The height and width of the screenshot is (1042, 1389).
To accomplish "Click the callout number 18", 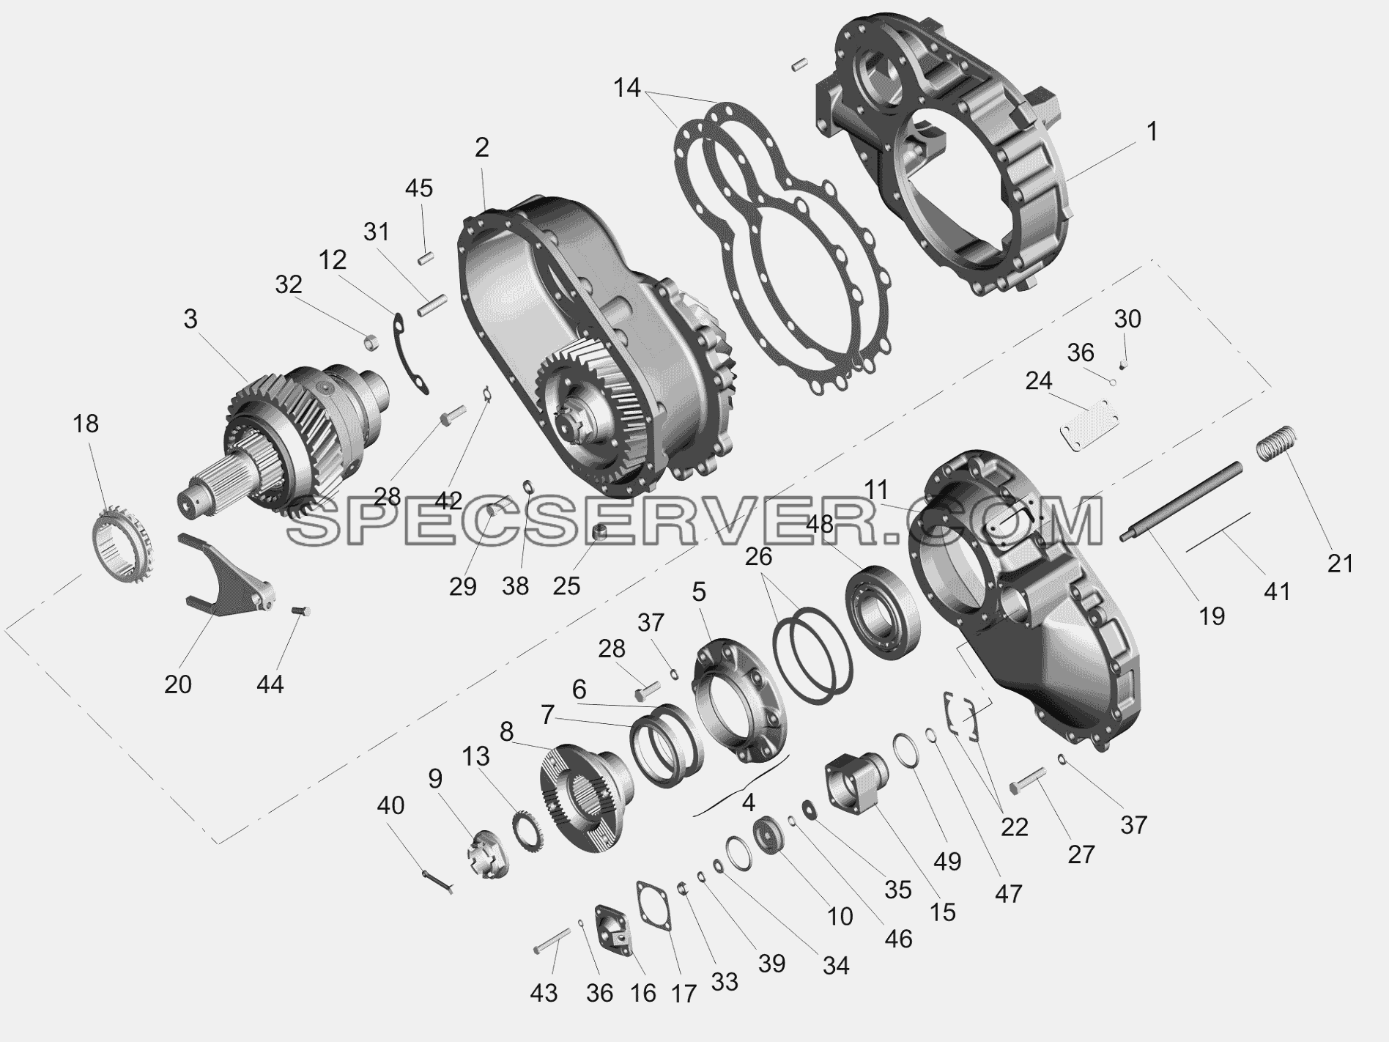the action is tap(86, 424).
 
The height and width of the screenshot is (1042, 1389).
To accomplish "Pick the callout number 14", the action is tap(627, 88).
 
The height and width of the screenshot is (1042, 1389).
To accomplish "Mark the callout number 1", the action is tap(1152, 132).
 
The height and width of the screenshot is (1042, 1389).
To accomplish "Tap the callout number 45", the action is tap(419, 188).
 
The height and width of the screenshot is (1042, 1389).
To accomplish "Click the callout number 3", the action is tap(190, 319).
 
